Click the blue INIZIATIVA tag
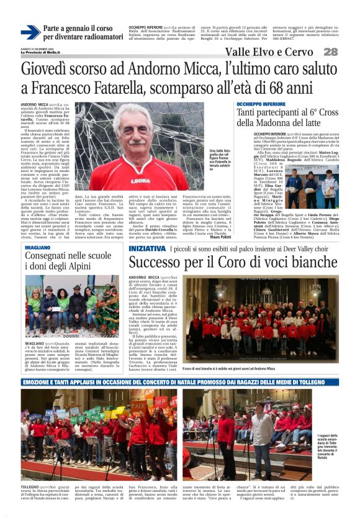[146, 248]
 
